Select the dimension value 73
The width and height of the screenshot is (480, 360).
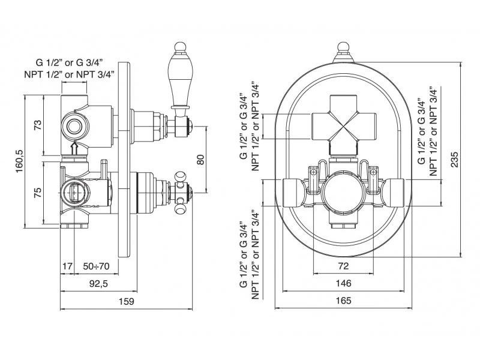coord(38,125)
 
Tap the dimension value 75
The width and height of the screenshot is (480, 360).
coord(38,193)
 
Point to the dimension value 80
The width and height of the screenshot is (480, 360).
coord(202,160)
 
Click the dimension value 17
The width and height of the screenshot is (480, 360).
coord(67,265)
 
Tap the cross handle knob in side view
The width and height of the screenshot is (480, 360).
coord(180,193)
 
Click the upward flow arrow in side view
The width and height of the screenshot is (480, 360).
coord(74,148)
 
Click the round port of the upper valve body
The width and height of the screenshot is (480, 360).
coord(74,126)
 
